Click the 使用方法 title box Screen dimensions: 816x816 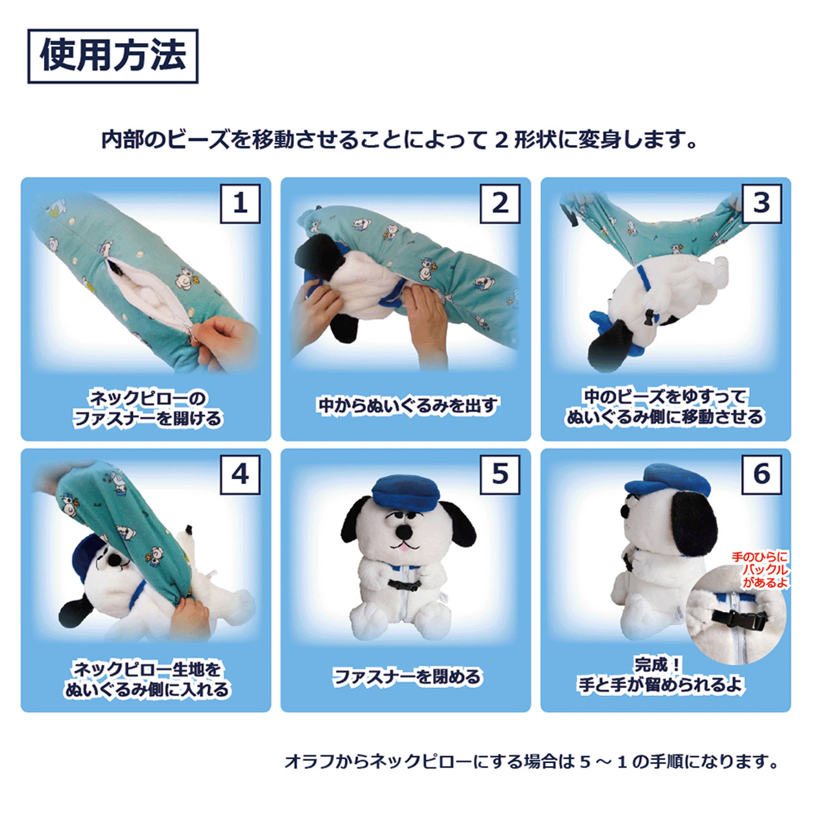[113, 56]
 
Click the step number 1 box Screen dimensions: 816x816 [240, 203]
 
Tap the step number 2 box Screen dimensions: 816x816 [500, 203]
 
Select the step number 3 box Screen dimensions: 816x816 [762, 203]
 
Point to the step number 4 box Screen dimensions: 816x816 [240, 474]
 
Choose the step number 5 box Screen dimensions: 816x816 [500, 474]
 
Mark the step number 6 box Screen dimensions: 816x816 [762, 474]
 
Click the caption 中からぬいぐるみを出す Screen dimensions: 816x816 [407, 406]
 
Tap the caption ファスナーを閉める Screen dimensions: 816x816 [407, 677]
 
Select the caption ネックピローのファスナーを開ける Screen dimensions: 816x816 [147, 408]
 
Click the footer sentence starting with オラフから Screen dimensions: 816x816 [532, 761]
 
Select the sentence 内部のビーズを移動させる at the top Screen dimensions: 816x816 [400, 140]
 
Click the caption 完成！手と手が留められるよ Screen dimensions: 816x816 [660, 675]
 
